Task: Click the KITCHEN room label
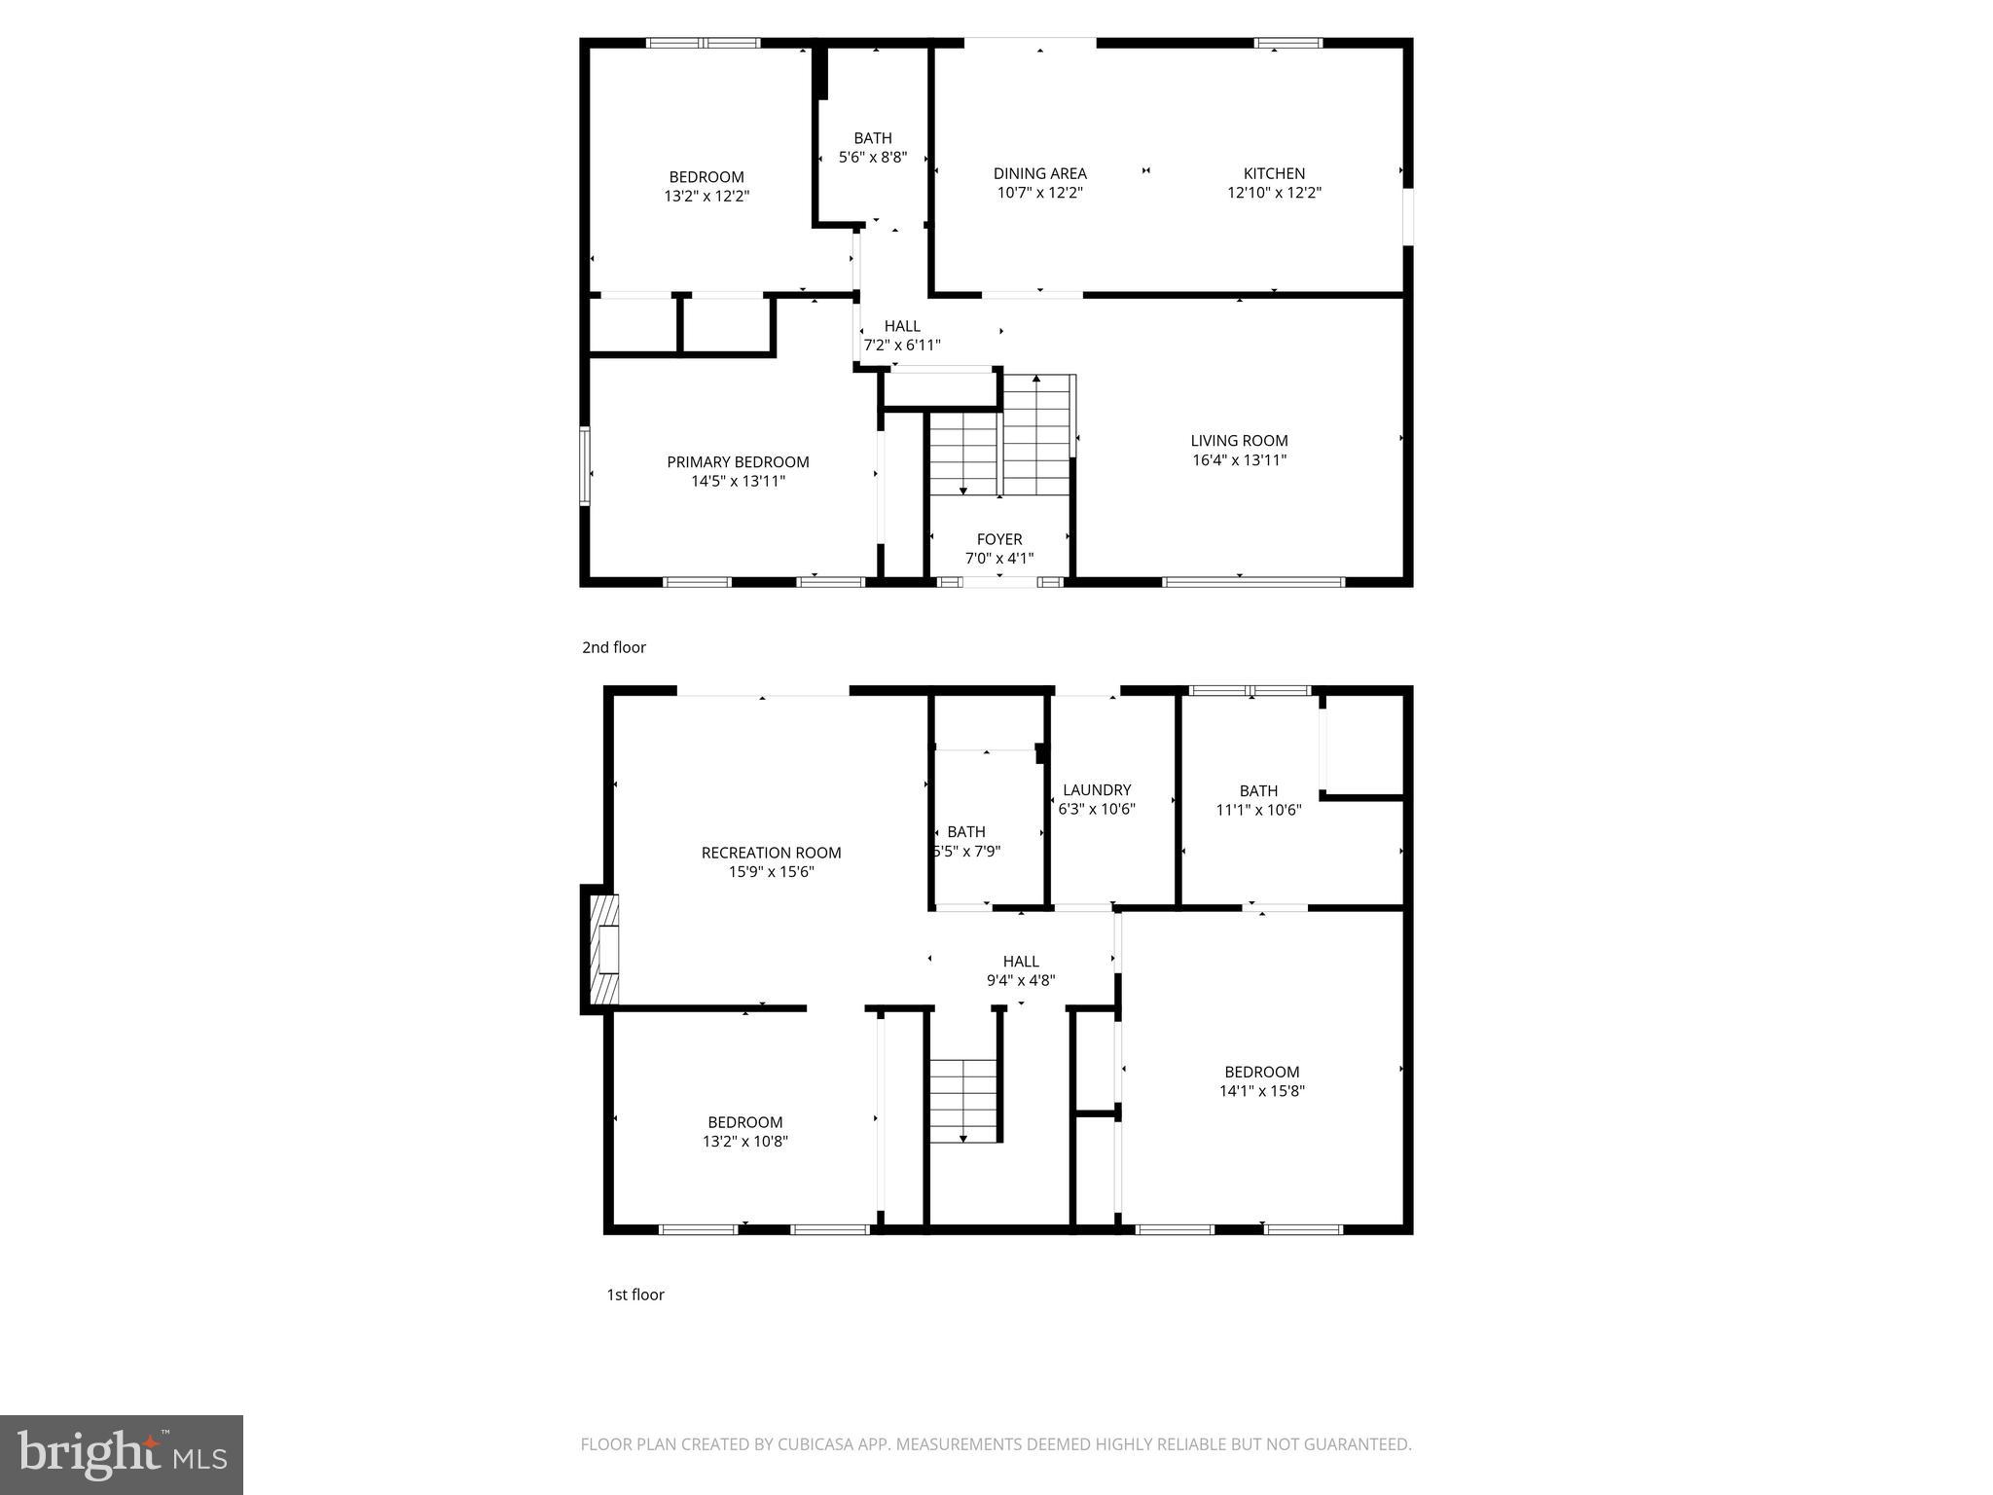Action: [x=1274, y=173]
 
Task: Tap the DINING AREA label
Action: [x=1039, y=173]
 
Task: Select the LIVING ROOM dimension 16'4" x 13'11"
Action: [x=1239, y=460]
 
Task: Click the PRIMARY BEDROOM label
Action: [x=738, y=461]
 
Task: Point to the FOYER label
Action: [x=999, y=539]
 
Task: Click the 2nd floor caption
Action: [x=613, y=647]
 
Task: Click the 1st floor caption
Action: [x=634, y=1294]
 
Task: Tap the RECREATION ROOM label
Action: [x=771, y=853]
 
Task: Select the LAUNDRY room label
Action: [x=1097, y=789]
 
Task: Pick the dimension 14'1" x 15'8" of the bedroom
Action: [x=1261, y=1091]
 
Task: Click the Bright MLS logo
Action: [x=122, y=1455]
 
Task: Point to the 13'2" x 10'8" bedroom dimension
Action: [x=744, y=1142]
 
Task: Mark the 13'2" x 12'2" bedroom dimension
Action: [x=707, y=196]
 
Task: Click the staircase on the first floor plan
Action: [x=963, y=1100]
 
